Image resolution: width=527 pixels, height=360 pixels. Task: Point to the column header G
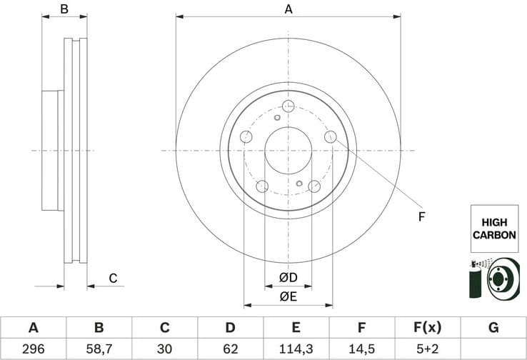493,328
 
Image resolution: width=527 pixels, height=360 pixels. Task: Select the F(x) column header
428,328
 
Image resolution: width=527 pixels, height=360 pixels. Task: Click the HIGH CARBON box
493,229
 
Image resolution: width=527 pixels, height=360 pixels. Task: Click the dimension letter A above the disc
288,9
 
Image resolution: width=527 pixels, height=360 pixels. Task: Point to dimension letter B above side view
64,9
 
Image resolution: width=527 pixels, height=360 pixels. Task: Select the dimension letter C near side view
112,279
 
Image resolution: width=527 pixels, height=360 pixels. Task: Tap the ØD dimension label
288,277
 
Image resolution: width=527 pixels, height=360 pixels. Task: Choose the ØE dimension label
288,296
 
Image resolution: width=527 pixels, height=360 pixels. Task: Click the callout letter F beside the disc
421,216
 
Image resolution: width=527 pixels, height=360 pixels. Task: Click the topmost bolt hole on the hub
288,106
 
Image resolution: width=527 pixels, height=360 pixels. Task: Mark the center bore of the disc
288,151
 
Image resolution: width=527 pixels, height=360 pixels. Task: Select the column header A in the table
33,328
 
